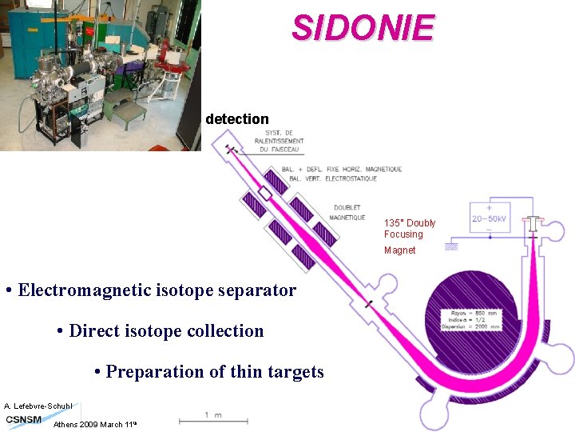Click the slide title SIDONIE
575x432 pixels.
[363, 28]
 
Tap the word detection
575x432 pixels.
[236, 119]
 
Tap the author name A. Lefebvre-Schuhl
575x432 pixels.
[38, 406]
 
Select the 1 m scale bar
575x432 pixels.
[212, 416]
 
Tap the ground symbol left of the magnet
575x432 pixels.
[452, 246]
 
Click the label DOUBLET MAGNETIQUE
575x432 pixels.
[348, 212]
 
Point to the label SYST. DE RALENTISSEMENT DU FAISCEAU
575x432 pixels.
[277, 142]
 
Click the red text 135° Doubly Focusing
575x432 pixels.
[409, 228]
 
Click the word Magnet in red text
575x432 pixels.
[399, 250]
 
